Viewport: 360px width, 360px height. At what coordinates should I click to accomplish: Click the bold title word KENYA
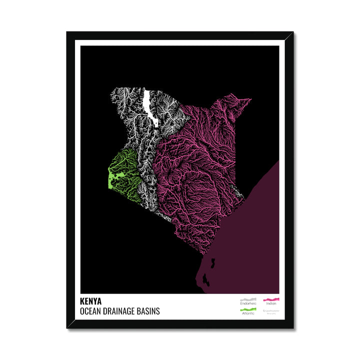click(90, 301)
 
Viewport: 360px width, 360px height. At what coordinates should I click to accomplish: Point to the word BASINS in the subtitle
click(149, 311)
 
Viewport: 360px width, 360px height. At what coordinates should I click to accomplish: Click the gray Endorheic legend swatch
click(248, 298)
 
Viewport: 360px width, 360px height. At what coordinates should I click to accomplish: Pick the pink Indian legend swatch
click(271, 298)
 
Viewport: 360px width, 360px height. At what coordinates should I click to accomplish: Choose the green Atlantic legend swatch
click(248, 309)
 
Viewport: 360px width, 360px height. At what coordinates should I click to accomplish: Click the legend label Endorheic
click(248, 303)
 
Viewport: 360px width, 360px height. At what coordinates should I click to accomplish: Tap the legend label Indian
click(271, 303)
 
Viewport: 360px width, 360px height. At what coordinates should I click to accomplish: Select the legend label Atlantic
click(248, 314)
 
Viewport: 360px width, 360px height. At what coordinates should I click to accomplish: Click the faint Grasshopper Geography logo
click(271, 311)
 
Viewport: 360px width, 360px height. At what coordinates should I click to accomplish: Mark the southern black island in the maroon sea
click(205, 277)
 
